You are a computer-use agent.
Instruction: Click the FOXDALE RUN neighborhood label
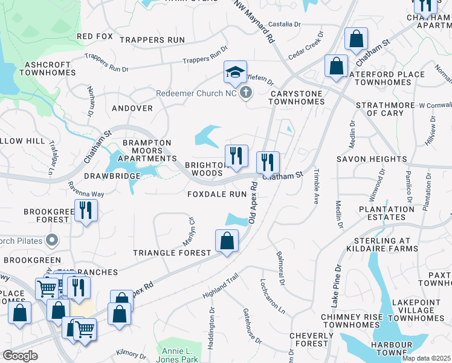(218, 194)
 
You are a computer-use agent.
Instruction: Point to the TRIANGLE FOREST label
(172, 252)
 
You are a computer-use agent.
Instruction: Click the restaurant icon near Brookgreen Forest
(85, 211)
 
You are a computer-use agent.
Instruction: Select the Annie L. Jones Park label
(181, 355)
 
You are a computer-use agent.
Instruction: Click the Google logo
(21, 355)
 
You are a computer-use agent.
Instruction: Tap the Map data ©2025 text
(426, 358)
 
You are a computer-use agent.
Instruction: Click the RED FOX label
(95, 36)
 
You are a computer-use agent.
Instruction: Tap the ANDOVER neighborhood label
(132, 108)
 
